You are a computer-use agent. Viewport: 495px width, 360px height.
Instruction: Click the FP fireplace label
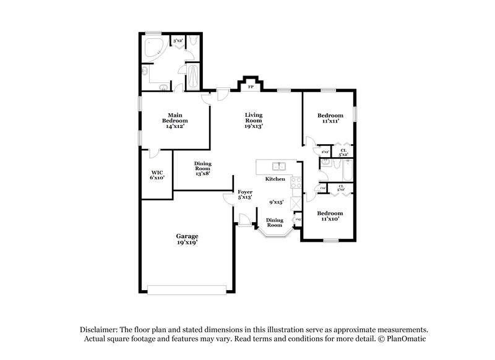(251, 87)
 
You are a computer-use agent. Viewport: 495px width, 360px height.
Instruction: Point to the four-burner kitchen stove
(296, 183)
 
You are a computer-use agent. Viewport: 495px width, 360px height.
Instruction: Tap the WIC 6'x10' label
(156, 175)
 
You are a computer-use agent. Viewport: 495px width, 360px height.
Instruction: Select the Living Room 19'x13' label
(254, 120)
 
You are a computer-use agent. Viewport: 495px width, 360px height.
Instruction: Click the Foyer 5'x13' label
(246, 195)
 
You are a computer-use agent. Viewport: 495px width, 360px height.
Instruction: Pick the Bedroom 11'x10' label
(330, 216)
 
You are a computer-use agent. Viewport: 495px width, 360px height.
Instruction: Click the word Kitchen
(275, 179)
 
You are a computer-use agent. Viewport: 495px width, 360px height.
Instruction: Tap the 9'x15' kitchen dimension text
(276, 202)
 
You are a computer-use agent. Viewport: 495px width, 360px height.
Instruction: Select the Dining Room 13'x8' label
(203, 169)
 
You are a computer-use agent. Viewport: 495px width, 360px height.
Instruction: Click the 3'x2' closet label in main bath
(178, 41)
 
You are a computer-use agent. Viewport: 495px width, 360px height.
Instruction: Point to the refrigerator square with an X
(296, 202)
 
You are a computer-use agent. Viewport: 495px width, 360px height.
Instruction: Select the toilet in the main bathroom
(195, 42)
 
